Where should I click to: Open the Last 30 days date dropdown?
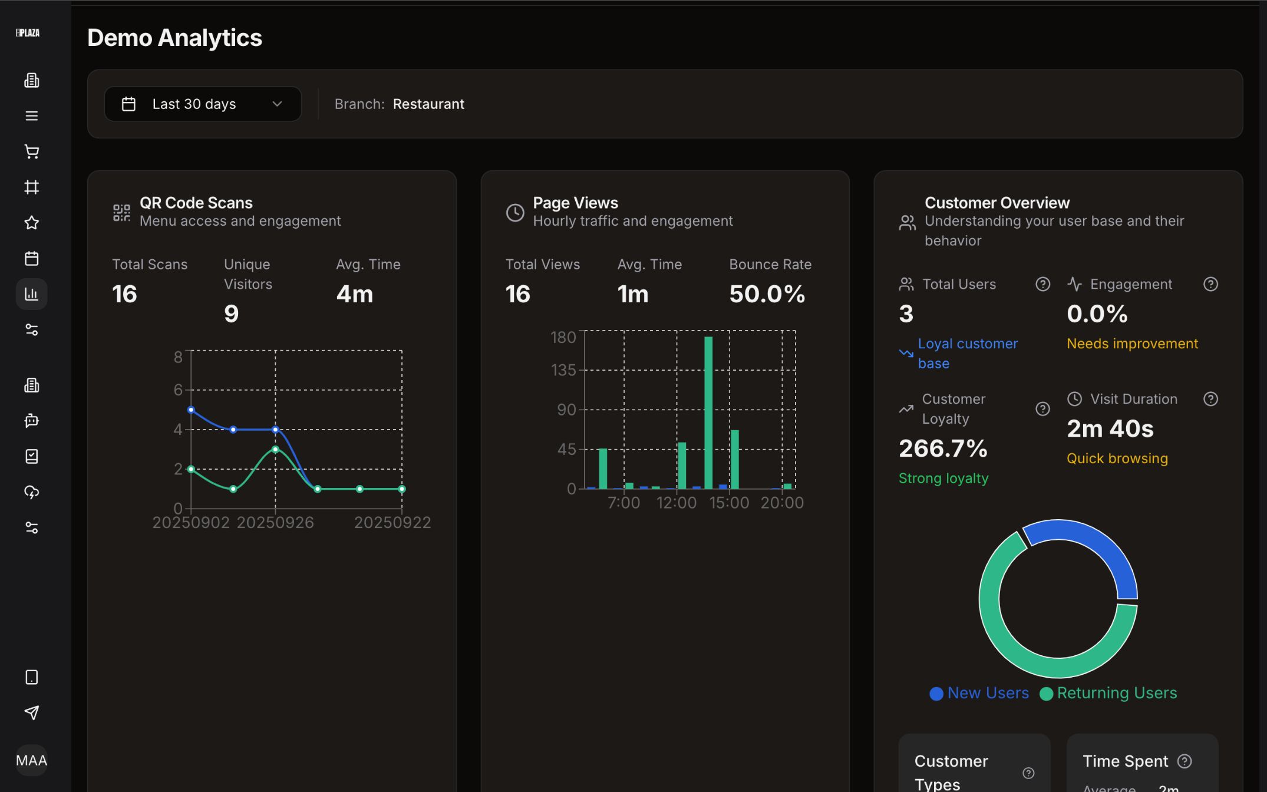tap(202, 104)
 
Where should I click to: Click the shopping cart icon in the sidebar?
tap(32, 151)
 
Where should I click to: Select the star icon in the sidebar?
tap(32, 223)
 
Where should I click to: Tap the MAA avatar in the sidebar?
tap(32, 760)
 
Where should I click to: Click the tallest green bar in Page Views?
tap(708, 412)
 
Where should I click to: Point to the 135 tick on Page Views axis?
tap(563, 370)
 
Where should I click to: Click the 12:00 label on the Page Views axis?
tap(677, 503)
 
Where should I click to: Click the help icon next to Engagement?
tap(1210, 285)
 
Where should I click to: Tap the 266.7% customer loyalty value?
tap(943, 448)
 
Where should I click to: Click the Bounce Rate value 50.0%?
tap(767, 294)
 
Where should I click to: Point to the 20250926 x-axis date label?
tap(275, 523)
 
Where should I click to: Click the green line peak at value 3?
tap(275, 450)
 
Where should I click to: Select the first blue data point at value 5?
tap(191, 410)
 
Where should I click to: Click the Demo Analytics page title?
tap(174, 38)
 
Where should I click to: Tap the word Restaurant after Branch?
tap(428, 104)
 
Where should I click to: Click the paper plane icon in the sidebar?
tap(32, 713)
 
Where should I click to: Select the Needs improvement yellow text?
tap(1132, 344)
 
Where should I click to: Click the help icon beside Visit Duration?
tap(1210, 399)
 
